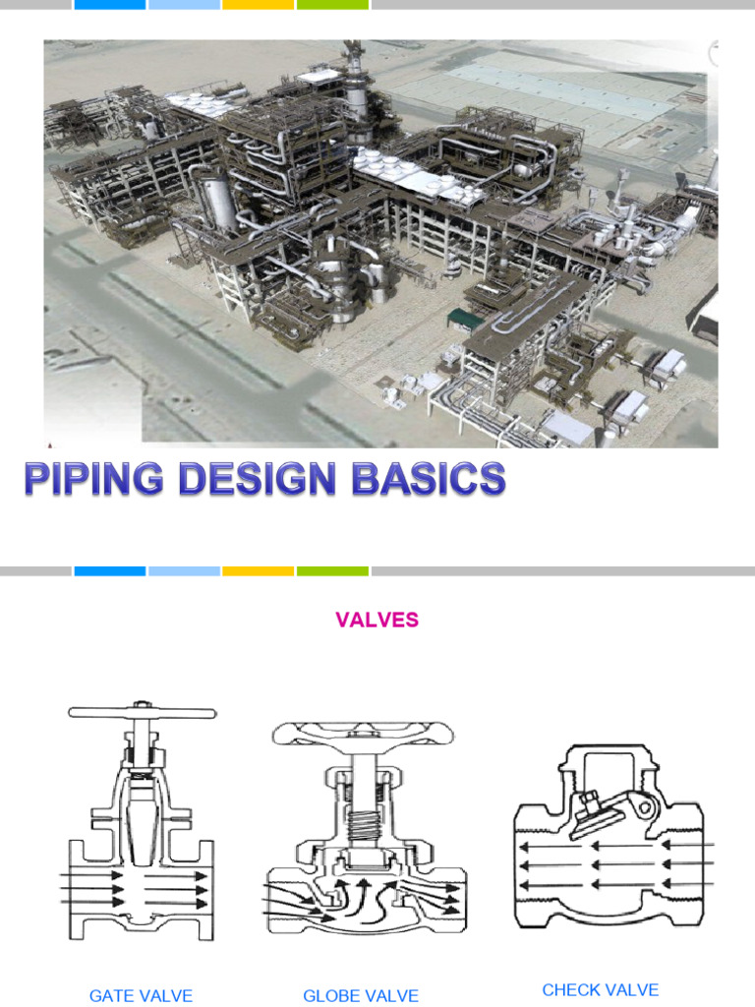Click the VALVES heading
(x=377, y=621)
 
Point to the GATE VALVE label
(x=141, y=996)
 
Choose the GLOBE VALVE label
(x=361, y=996)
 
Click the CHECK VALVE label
(x=600, y=990)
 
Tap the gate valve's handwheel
(x=143, y=712)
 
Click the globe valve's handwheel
(x=362, y=737)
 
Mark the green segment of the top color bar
(x=332, y=5)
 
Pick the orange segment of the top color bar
(x=258, y=5)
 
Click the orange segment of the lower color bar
(x=258, y=570)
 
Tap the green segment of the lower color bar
(x=332, y=570)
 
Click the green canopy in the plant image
(x=461, y=318)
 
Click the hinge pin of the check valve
(x=645, y=808)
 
